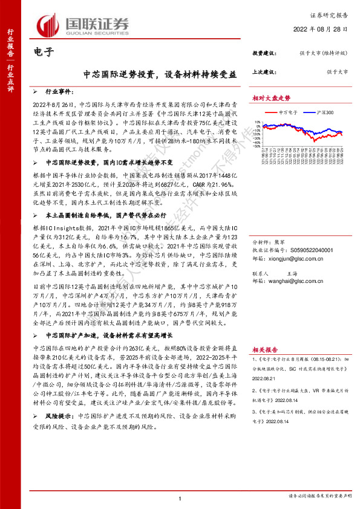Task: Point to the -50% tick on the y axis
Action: [x=257, y=151]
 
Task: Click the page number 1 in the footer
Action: [x=180, y=499]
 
